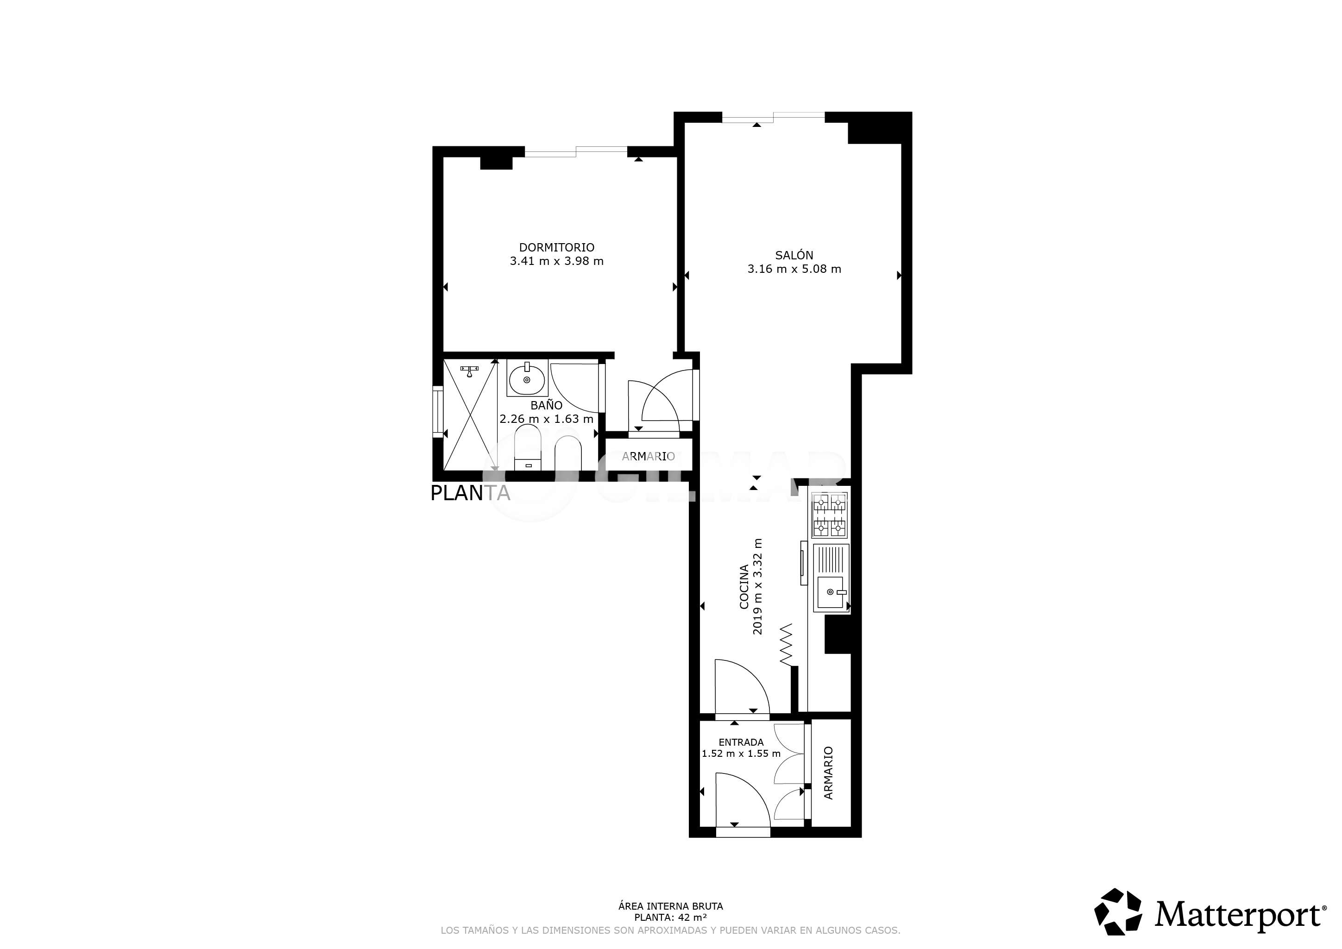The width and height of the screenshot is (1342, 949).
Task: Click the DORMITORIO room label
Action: [556, 248]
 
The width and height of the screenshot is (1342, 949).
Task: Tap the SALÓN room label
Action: [794, 255]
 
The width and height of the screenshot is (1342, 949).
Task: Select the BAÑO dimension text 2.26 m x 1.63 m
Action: [547, 419]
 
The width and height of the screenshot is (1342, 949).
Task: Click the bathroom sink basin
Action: [527, 380]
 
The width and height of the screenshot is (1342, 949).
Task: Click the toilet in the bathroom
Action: [529, 449]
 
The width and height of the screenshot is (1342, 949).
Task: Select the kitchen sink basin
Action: [830, 592]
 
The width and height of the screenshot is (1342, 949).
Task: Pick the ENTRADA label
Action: [741, 742]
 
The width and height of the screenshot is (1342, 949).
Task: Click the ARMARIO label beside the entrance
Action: [828, 773]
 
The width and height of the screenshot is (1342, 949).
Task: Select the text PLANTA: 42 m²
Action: [670, 918]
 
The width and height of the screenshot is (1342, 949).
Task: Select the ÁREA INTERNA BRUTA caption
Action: [670, 906]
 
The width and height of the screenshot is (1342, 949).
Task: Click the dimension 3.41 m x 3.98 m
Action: [556, 261]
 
